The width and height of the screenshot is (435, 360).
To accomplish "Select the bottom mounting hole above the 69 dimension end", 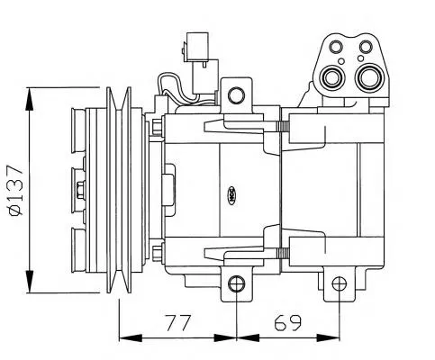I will (339, 284).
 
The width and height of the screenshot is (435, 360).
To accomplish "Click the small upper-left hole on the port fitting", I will (337, 48).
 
